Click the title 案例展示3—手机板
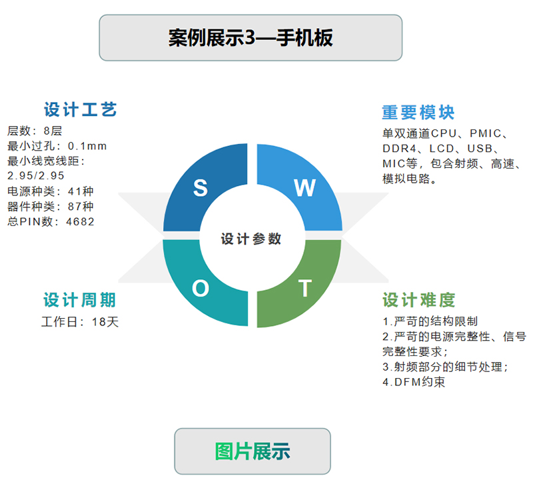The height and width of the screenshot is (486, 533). (x=251, y=37)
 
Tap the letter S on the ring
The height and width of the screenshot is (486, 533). (x=201, y=188)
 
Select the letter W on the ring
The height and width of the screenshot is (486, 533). (x=305, y=188)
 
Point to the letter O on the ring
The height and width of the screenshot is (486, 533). (x=201, y=289)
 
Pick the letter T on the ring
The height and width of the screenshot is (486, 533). (x=305, y=289)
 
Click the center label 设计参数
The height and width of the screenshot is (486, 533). (x=251, y=239)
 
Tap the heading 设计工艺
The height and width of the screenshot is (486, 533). (x=80, y=109)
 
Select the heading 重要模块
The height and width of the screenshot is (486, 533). (x=418, y=112)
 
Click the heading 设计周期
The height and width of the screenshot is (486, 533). (x=79, y=300)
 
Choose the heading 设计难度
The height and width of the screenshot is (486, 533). (x=419, y=300)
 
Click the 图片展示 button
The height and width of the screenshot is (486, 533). (x=253, y=451)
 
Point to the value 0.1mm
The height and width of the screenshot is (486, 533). (x=87, y=146)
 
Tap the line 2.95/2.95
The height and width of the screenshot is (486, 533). (x=36, y=175)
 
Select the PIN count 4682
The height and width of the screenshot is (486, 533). (x=80, y=221)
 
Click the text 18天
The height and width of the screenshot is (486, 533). (x=105, y=322)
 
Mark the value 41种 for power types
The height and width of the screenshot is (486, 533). (x=81, y=191)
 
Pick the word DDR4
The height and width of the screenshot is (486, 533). (x=399, y=149)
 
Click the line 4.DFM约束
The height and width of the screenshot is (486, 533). (x=414, y=382)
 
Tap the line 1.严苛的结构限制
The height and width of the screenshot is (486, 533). (x=430, y=321)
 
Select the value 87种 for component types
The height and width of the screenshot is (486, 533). (x=81, y=206)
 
